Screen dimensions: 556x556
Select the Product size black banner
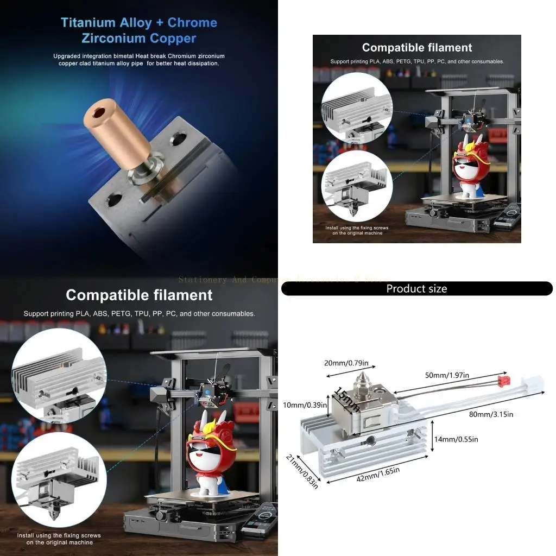(x=416, y=289)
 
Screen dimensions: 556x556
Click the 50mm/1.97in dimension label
(x=447, y=375)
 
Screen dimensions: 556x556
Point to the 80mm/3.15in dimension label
(x=491, y=414)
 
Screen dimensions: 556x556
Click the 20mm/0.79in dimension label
(x=346, y=363)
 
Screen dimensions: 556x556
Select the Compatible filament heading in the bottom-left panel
(x=139, y=295)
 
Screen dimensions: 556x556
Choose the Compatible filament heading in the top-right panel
(x=416, y=48)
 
